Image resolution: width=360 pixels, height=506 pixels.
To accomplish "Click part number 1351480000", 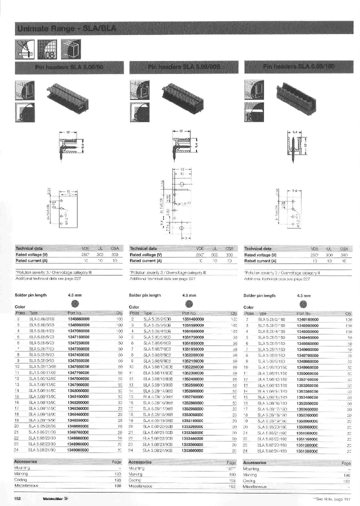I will tap(192, 318).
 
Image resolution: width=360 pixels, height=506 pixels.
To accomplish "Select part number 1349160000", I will tap(307, 318).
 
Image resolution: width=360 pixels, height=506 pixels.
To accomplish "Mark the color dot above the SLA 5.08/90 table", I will tap(74, 303).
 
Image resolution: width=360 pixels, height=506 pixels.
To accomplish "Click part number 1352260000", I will tap(192, 366).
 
